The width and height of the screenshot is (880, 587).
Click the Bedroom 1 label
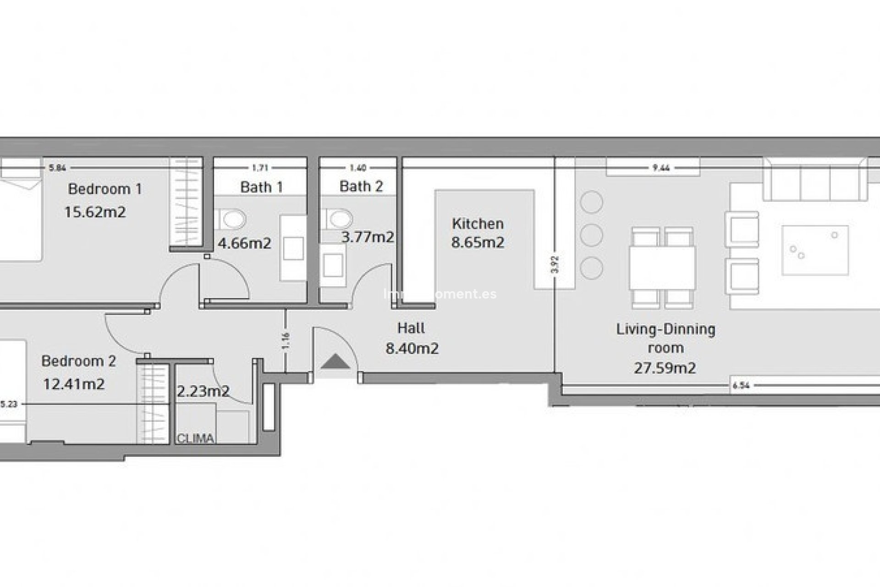104,189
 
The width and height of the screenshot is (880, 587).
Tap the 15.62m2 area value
95,212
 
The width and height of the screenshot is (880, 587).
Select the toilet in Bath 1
233,219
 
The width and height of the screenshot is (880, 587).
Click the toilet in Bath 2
340,219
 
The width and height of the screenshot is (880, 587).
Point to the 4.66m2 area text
244,243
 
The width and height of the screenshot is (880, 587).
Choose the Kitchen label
478,224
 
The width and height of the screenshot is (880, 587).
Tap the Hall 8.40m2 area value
412,349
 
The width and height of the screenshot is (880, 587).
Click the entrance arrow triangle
335,362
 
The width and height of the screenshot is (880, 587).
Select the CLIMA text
195,438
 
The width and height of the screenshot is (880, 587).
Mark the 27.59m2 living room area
665,368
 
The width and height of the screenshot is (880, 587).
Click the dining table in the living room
662,268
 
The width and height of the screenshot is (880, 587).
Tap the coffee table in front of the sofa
815,250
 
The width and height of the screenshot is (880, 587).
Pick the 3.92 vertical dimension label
555,265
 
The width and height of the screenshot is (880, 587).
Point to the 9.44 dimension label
661,168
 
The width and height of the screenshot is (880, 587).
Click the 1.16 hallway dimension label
286,341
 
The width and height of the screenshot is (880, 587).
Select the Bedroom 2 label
78,361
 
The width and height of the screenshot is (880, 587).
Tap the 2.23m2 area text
203,391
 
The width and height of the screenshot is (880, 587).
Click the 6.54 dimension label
741,386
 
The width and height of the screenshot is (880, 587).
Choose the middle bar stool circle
591,235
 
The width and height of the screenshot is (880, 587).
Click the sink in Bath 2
333,266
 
